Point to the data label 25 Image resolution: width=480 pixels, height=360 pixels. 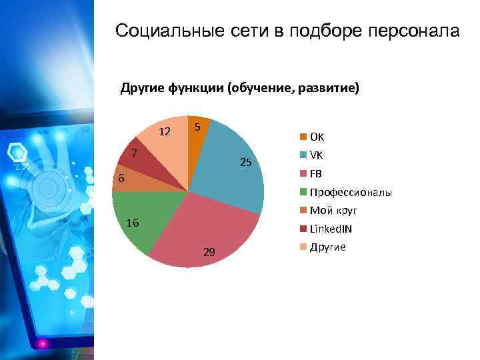tap(245, 163)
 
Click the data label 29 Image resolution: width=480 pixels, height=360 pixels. tap(209, 252)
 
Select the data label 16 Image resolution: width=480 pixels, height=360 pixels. tap(133, 223)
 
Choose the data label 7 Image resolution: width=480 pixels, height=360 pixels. tap(134, 153)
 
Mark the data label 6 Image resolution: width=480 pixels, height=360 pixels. tap(121, 179)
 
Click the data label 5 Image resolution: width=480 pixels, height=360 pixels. tap(198, 127)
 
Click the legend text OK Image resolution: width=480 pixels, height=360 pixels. tap(317, 137)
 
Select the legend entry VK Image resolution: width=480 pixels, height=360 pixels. tap(316, 155)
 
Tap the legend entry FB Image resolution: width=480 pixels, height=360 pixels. tap(315, 174)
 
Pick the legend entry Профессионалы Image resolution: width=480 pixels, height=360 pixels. tap(350, 193)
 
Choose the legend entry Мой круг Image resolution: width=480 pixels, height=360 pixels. tap(333, 211)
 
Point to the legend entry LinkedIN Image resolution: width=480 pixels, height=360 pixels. tap(331, 229)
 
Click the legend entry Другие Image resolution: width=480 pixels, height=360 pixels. tap(327, 247)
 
